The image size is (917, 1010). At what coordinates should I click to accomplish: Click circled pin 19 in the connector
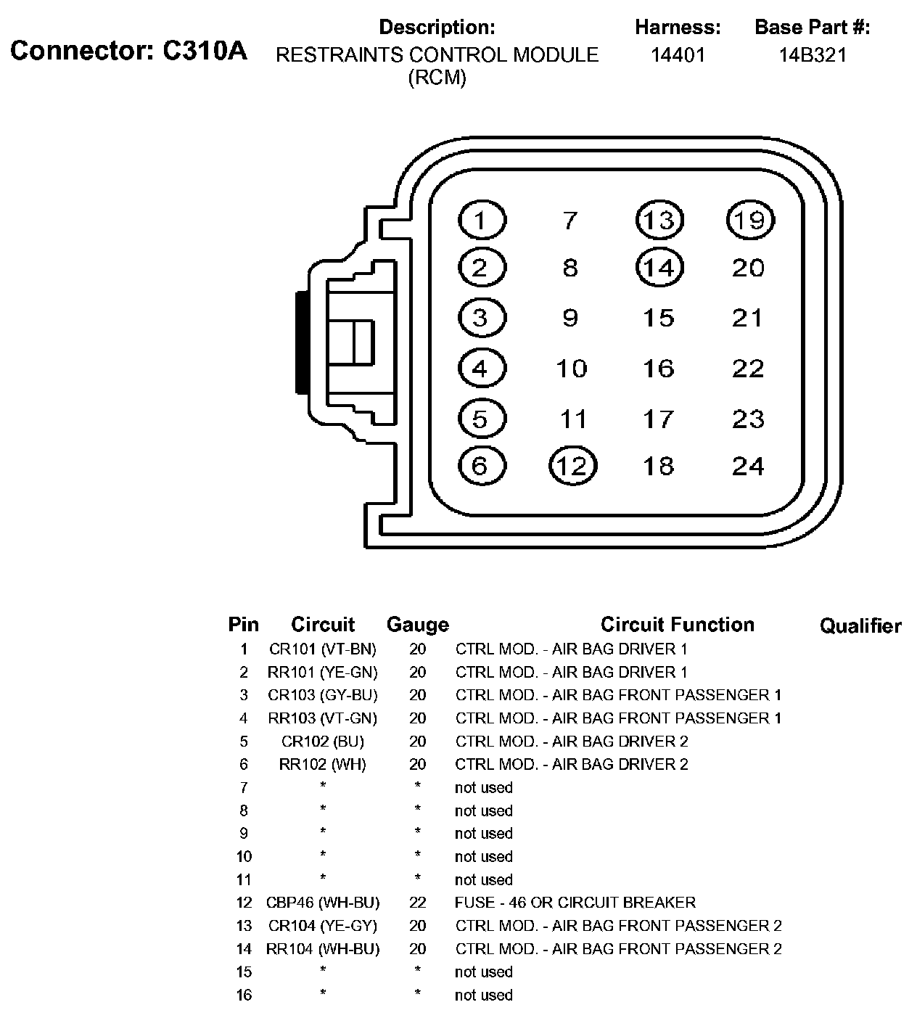click(x=750, y=219)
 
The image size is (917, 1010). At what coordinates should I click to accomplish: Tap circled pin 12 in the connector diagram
click(x=573, y=465)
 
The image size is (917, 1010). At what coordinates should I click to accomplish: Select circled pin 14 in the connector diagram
click(x=659, y=268)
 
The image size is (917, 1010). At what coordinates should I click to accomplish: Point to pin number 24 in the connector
click(x=748, y=465)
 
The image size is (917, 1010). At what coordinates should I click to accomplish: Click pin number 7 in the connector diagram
click(x=570, y=219)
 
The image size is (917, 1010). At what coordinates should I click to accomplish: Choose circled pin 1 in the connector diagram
click(x=482, y=219)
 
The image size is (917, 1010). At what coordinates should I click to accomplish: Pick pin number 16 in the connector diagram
click(x=659, y=369)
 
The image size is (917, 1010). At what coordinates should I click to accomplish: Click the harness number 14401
click(x=678, y=55)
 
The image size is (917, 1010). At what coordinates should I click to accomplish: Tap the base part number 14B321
click(x=813, y=55)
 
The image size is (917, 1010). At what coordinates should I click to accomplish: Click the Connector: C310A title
click(x=128, y=51)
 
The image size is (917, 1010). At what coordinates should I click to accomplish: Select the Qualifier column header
click(x=860, y=625)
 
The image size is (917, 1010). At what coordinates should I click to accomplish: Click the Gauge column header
click(x=417, y=624)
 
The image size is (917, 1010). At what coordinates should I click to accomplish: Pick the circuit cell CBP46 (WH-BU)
click(x=323, y=903)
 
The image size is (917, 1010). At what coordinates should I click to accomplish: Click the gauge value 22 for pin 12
click(x=417, y=903)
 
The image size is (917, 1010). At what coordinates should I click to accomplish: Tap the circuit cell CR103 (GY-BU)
click(x=323, y=695)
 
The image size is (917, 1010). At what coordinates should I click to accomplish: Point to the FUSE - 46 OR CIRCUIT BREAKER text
click(x=575, y=903)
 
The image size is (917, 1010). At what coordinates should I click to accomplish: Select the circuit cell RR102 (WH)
click(x=323, y=764)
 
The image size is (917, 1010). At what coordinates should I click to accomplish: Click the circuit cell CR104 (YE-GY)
click(x=323, y=926)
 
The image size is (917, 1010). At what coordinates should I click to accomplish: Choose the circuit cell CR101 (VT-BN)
click(x=323, y=649)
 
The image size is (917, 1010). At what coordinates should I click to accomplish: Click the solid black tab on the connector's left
click(x=300, y=342)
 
